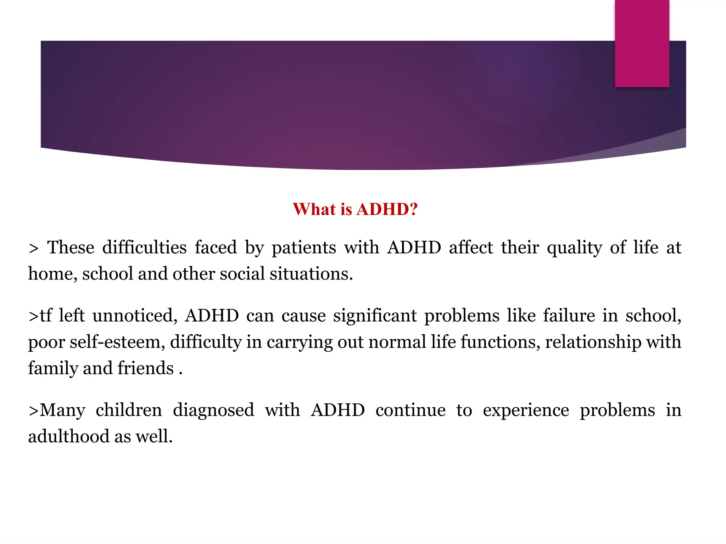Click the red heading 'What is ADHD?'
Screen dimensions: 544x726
355,209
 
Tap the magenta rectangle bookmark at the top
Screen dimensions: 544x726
642,43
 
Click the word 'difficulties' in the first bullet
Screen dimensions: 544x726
144,247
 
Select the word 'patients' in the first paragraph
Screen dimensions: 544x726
304,247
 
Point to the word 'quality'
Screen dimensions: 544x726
574,247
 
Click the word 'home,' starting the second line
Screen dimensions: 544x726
53,274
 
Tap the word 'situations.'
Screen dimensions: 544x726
311,274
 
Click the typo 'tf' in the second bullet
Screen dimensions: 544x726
45,316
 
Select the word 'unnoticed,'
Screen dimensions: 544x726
135,316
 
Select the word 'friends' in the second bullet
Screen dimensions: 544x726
145,368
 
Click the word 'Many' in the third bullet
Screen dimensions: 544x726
62,410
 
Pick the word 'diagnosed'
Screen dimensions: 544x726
213,410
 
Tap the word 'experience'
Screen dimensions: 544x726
526,410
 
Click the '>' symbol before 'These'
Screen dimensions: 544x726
33,249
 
